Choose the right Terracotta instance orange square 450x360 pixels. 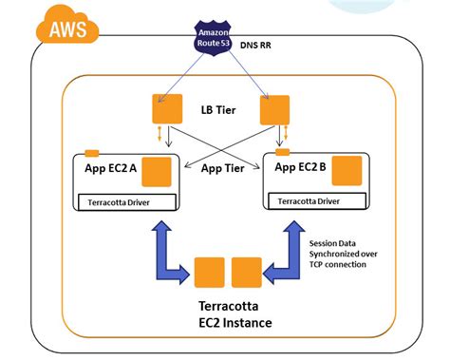tap(245, 273)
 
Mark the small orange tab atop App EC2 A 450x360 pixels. tap(91, 152)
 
